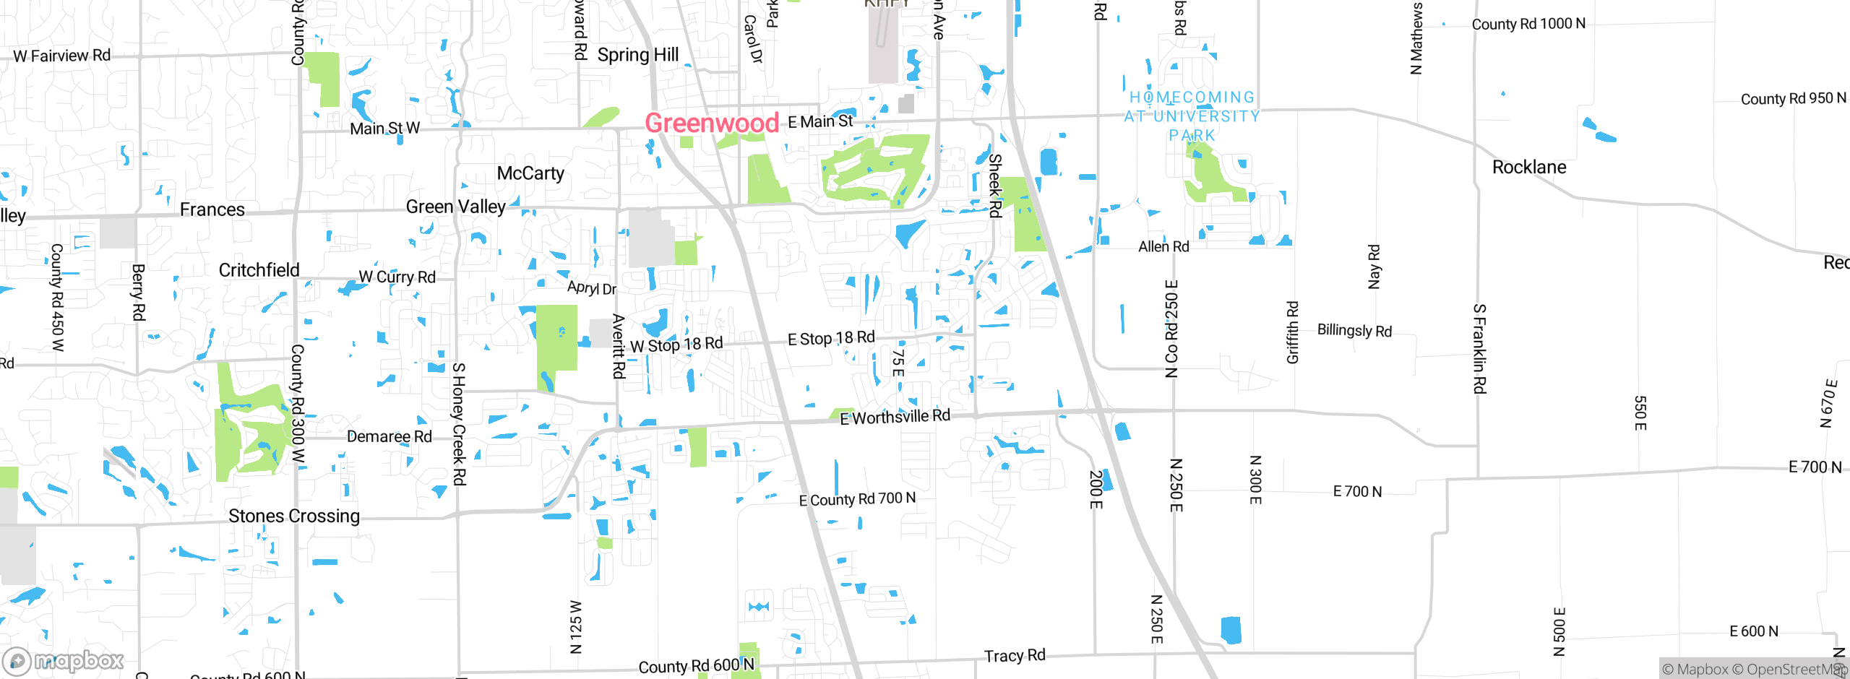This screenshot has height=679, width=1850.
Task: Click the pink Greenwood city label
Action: [x=712, y=123]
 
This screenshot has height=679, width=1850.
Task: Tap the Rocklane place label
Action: [x=1529, y=168]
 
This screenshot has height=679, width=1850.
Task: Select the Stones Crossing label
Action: [x=294, y=516]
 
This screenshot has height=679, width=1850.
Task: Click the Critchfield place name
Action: [x=259, y=270]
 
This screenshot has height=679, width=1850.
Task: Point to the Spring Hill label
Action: [x=637, y=55]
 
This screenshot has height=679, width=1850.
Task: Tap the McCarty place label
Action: [x=530, y=173]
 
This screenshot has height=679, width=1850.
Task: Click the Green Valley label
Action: [x=456, y=207]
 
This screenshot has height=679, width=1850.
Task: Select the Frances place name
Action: [x=212, y=209]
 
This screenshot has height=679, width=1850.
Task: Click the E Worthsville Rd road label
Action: [x=895, y=417]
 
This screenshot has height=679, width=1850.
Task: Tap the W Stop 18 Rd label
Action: [x=676, y=345]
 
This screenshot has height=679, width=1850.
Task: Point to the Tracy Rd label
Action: [x=1015, y=656]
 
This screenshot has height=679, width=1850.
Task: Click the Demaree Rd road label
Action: [x=389, y=436]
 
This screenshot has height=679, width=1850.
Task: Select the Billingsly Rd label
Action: [x=1354, y=331]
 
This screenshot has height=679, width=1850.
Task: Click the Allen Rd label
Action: [x=1163, y=247]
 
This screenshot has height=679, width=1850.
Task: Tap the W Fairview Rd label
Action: [x=62, y=56]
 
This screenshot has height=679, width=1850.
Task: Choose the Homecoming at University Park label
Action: [x=1192, y=116]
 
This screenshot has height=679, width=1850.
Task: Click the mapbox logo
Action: [x=64, y=661]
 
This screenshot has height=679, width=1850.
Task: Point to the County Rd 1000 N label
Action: [x=1528, y=24]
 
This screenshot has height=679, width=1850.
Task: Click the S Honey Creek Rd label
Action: [x=459, y=424]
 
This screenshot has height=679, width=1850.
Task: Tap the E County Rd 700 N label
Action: [x=857, y=499]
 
